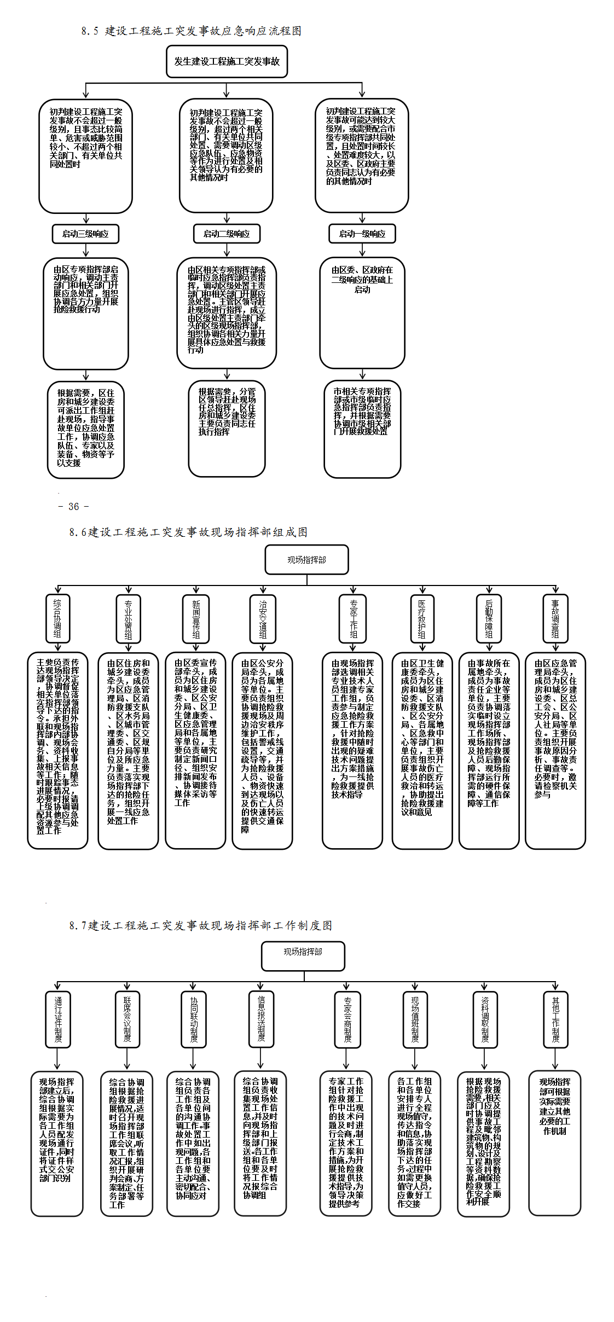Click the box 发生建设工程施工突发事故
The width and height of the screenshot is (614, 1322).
[227, 61]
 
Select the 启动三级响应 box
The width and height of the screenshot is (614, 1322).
[85, 234]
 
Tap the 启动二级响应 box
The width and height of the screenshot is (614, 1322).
[227, 234]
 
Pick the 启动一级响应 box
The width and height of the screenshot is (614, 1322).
[362, 234]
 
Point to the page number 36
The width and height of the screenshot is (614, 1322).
[73, 507]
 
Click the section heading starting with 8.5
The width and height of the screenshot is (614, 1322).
[191, 31]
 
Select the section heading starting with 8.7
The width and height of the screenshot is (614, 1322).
[200, 925]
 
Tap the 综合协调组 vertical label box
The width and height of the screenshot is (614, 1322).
[57, 618]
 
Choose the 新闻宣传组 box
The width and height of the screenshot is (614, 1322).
[196, 619]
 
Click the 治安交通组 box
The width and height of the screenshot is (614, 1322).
[263, 619]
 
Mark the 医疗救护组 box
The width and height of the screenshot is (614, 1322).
[422, 619]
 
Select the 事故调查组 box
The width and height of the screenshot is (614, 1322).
[555, 619]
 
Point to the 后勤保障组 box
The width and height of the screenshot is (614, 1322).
[489, 619]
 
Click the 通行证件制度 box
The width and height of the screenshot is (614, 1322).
[58, 1019]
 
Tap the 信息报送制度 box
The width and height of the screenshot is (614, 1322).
[261, 1019]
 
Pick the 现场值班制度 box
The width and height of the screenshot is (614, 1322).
[415, 1019]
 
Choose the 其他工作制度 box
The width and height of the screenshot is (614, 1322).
[555, 1019]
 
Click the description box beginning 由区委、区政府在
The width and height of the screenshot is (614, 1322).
[362, 313]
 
